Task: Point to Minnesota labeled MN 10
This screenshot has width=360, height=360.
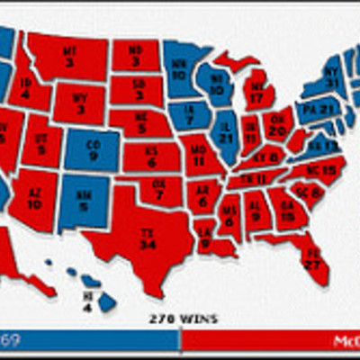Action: point(179,68)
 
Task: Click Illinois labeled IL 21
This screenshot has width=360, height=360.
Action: point(224,132)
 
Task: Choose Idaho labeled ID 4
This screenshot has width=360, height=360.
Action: point(25,87)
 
